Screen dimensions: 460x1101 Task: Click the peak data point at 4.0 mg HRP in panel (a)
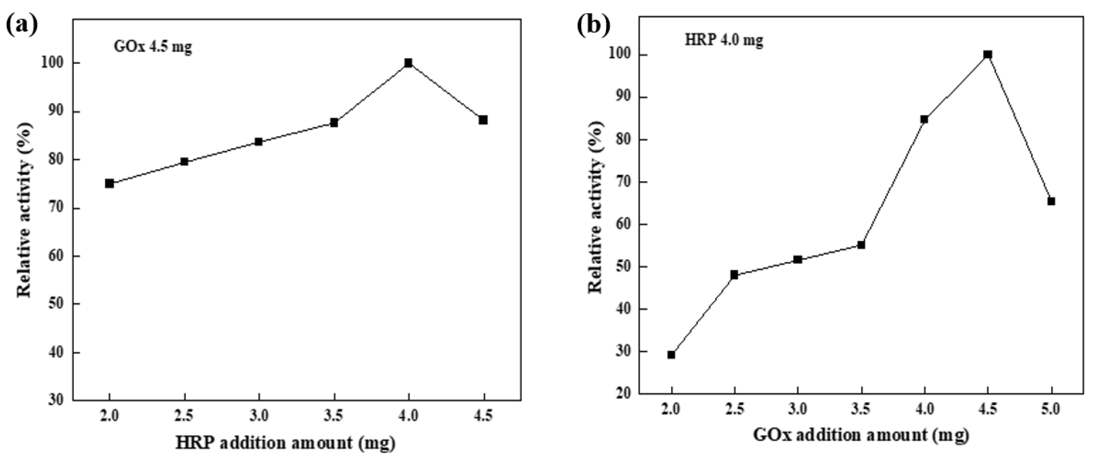pyautogui.click(x=408, y=63)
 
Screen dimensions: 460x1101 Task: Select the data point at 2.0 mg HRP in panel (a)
pyautogui.click(x=109, y=183)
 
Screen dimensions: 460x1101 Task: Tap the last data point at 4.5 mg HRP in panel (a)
pyautogui.click(x=483, y=120)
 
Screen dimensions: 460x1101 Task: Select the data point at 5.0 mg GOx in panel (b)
pyautogui.click(x=1051, y=201)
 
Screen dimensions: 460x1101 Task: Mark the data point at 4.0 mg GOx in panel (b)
pyautogui.click(x=925, y=119)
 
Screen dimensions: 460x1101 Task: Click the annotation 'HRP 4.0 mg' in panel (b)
pyautogui.click(x=724, y=41)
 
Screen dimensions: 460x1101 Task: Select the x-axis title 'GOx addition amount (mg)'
pyautogui.click(x=861, y=435)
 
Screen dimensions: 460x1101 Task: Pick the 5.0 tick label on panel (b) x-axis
pyautogui.click(x=1051, y=410)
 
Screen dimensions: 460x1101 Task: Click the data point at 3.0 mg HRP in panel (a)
pyautogui.click(x=258, y=142)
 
